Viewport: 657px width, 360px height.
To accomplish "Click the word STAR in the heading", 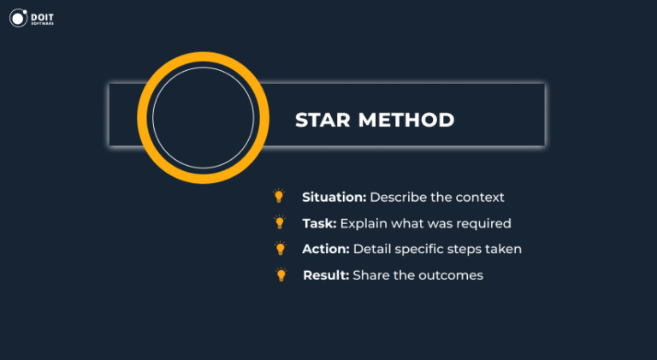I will tap(322, 120).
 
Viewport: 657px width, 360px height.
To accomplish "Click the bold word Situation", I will tap(334, 197).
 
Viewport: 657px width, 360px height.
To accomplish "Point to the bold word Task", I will tap(319, 223).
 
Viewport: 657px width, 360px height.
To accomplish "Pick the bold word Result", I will tap(325, 275).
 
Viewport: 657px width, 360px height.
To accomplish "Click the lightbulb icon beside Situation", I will tap(279, 196).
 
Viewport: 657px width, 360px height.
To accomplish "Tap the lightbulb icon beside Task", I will tap(279, 222).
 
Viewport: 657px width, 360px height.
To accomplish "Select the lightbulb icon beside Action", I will tap(279, 249).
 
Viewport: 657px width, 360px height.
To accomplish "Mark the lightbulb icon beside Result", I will tap(280, 274).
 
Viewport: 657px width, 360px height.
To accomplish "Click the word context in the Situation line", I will tap(479, 197).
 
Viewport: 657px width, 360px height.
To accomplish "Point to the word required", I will tap(485, 223).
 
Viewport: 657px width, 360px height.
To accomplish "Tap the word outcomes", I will tap(453, 275).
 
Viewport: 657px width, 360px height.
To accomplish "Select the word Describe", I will tap(399, 197).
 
